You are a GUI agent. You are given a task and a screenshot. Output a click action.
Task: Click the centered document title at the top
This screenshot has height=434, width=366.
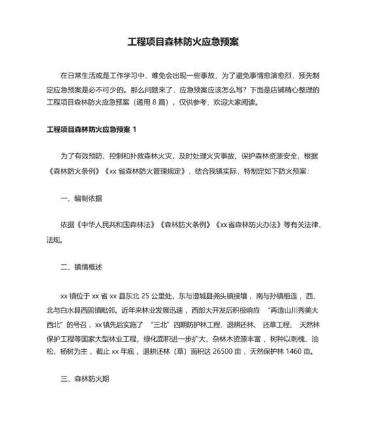coord(183,42)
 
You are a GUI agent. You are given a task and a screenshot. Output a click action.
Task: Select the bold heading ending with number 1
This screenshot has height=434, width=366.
coord(91,130)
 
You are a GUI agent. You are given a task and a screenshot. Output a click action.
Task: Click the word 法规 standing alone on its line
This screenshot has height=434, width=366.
coord(53,240)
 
